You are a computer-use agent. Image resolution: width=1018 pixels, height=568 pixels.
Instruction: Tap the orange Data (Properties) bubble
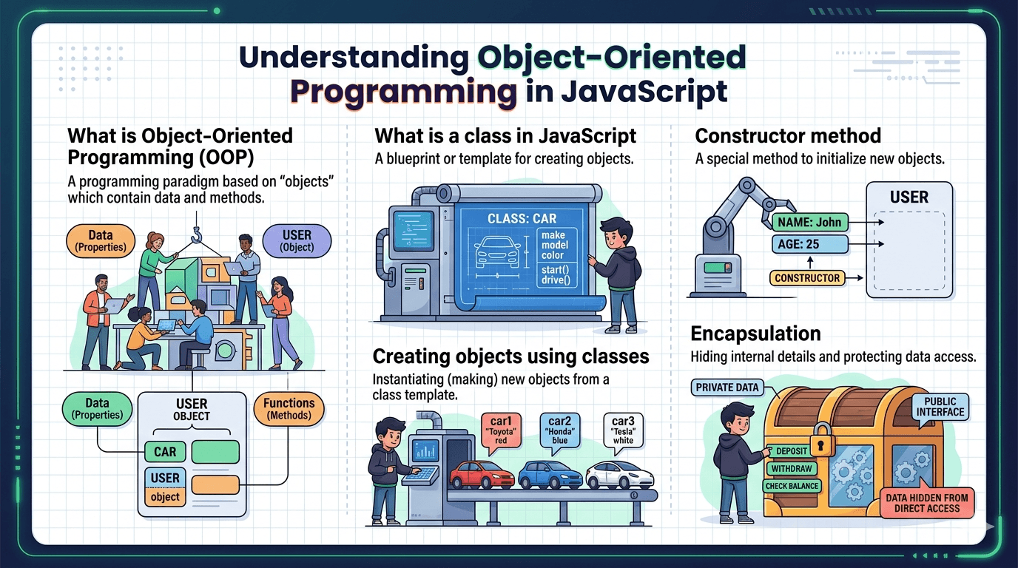101,241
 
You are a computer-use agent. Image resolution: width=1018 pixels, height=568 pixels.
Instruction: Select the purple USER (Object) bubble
297,241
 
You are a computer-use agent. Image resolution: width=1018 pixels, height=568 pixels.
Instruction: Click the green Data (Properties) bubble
97,408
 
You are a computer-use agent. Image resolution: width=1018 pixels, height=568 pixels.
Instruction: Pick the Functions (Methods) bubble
289,408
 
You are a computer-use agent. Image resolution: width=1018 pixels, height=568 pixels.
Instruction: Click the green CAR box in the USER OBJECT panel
165,452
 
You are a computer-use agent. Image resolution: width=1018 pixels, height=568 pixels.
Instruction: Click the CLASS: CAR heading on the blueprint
522,219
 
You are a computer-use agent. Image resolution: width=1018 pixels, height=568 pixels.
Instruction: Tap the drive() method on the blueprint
556,280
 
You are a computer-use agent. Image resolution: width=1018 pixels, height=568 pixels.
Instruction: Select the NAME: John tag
810,222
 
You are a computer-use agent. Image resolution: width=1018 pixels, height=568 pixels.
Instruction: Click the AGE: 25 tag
810,244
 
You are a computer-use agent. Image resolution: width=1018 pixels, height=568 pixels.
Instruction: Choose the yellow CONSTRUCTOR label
807,278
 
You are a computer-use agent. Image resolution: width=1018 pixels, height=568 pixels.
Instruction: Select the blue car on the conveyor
550,475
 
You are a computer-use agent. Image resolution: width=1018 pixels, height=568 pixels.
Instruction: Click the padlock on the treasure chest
820,439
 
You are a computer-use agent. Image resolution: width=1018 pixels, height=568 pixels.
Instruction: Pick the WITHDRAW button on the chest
791,468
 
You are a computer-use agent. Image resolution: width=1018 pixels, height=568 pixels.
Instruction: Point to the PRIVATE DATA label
727,388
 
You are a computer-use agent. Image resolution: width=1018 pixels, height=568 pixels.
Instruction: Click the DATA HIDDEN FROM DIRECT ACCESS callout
927,503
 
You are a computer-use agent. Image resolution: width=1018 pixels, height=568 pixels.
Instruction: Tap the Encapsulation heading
756,334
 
